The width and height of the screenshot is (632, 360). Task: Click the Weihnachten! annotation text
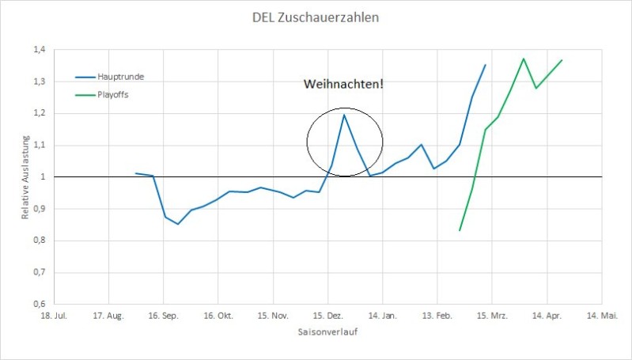[x=343, y=83]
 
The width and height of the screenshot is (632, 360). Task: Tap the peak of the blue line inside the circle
[x=344, y=115]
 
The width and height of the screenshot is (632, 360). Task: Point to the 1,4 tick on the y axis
[x=39, y=50]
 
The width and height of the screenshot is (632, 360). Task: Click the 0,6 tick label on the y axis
[x=39, y=304]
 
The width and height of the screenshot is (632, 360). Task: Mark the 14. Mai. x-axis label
[x=601, y=315]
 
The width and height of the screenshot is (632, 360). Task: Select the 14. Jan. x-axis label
[x=382, y=315]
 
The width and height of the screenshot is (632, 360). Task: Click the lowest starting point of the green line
[x=460, y=230]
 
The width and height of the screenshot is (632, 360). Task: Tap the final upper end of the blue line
[x=486, y=65]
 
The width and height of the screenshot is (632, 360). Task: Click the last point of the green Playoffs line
[x=562, y=60]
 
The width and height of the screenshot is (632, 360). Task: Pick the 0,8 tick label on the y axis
[x=39, y=241]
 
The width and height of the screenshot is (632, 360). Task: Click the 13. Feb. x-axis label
[x=437, y=315]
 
